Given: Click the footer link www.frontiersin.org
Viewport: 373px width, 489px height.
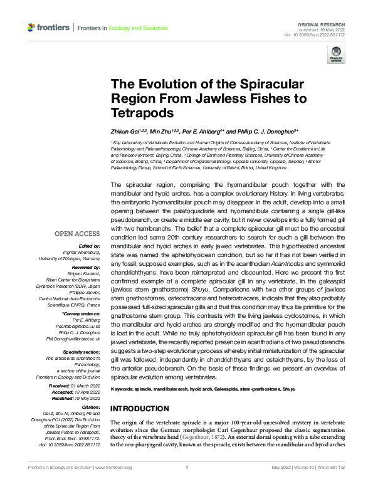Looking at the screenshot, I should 113,484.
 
